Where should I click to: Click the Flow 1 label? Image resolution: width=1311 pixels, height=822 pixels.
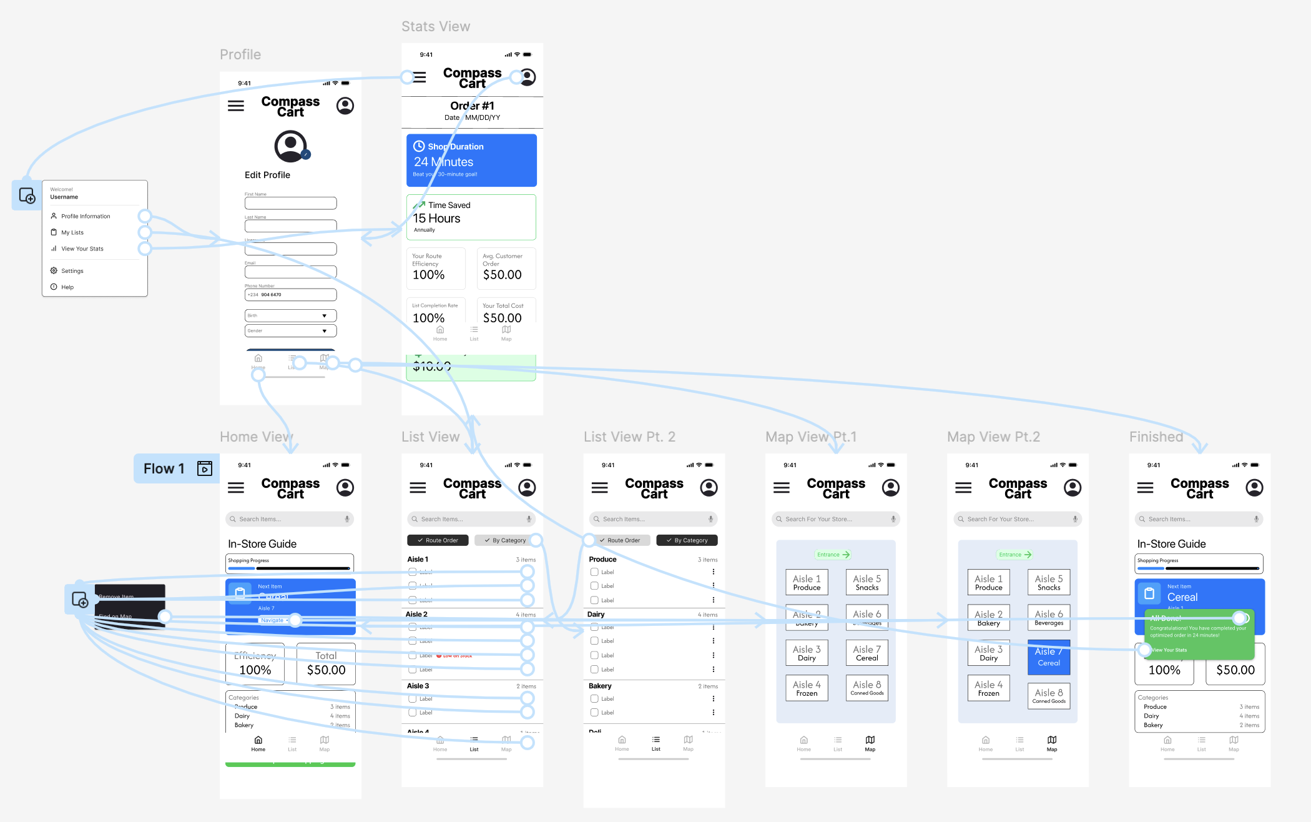164,468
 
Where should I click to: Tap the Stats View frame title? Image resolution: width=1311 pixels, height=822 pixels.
436,26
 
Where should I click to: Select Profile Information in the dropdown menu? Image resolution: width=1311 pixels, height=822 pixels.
86,216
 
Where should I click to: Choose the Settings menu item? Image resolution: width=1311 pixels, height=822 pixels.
72,271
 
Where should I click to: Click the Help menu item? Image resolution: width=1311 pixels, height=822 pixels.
67,287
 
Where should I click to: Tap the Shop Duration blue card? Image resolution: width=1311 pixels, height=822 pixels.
471,161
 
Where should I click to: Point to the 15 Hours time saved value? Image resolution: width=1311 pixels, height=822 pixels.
437,219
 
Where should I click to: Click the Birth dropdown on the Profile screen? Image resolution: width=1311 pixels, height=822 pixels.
290,315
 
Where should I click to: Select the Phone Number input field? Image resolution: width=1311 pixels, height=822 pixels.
290,295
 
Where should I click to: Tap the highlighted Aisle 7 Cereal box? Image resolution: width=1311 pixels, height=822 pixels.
1049,657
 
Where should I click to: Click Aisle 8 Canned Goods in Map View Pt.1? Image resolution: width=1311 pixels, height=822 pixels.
867,688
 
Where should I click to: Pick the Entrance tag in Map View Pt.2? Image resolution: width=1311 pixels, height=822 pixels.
1014,555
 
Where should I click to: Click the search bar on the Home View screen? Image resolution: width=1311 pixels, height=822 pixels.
290,519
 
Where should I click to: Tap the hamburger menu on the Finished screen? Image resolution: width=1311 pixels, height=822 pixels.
1146,488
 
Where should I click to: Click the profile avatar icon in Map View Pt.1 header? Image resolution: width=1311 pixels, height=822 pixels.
891,488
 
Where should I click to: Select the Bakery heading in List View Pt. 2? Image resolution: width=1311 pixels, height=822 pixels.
600,686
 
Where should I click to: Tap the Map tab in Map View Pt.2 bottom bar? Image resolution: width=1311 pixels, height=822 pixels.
1052,743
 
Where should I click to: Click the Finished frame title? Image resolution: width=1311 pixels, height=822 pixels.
1156,437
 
